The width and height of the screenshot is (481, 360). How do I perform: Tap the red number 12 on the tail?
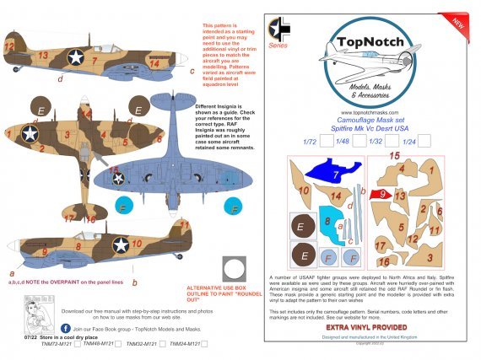pyautogui.click(x=9, y=42)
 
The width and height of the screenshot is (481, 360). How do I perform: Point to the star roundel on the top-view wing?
pyautogui.click(x=30, y=133)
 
